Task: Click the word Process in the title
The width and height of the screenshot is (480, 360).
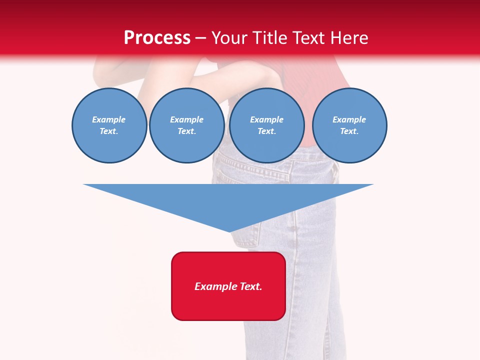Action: pos(157,38)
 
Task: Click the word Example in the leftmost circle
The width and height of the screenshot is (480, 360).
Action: pos(109,119)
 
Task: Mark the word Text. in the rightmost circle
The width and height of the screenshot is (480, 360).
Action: pos(349,131)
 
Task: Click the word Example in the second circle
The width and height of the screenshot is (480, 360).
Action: pos(186,119)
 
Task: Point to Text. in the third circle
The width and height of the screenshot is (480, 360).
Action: pos(266,131)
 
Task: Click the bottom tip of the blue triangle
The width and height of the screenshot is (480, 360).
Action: pos(229,230)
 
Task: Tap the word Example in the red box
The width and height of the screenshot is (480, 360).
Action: pos(216,286)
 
